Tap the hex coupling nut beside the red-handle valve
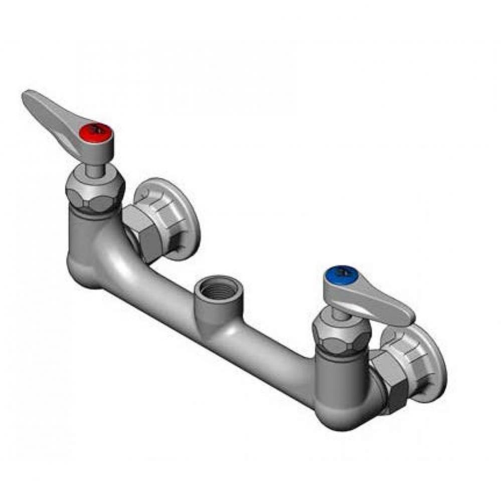click(144, 230)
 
